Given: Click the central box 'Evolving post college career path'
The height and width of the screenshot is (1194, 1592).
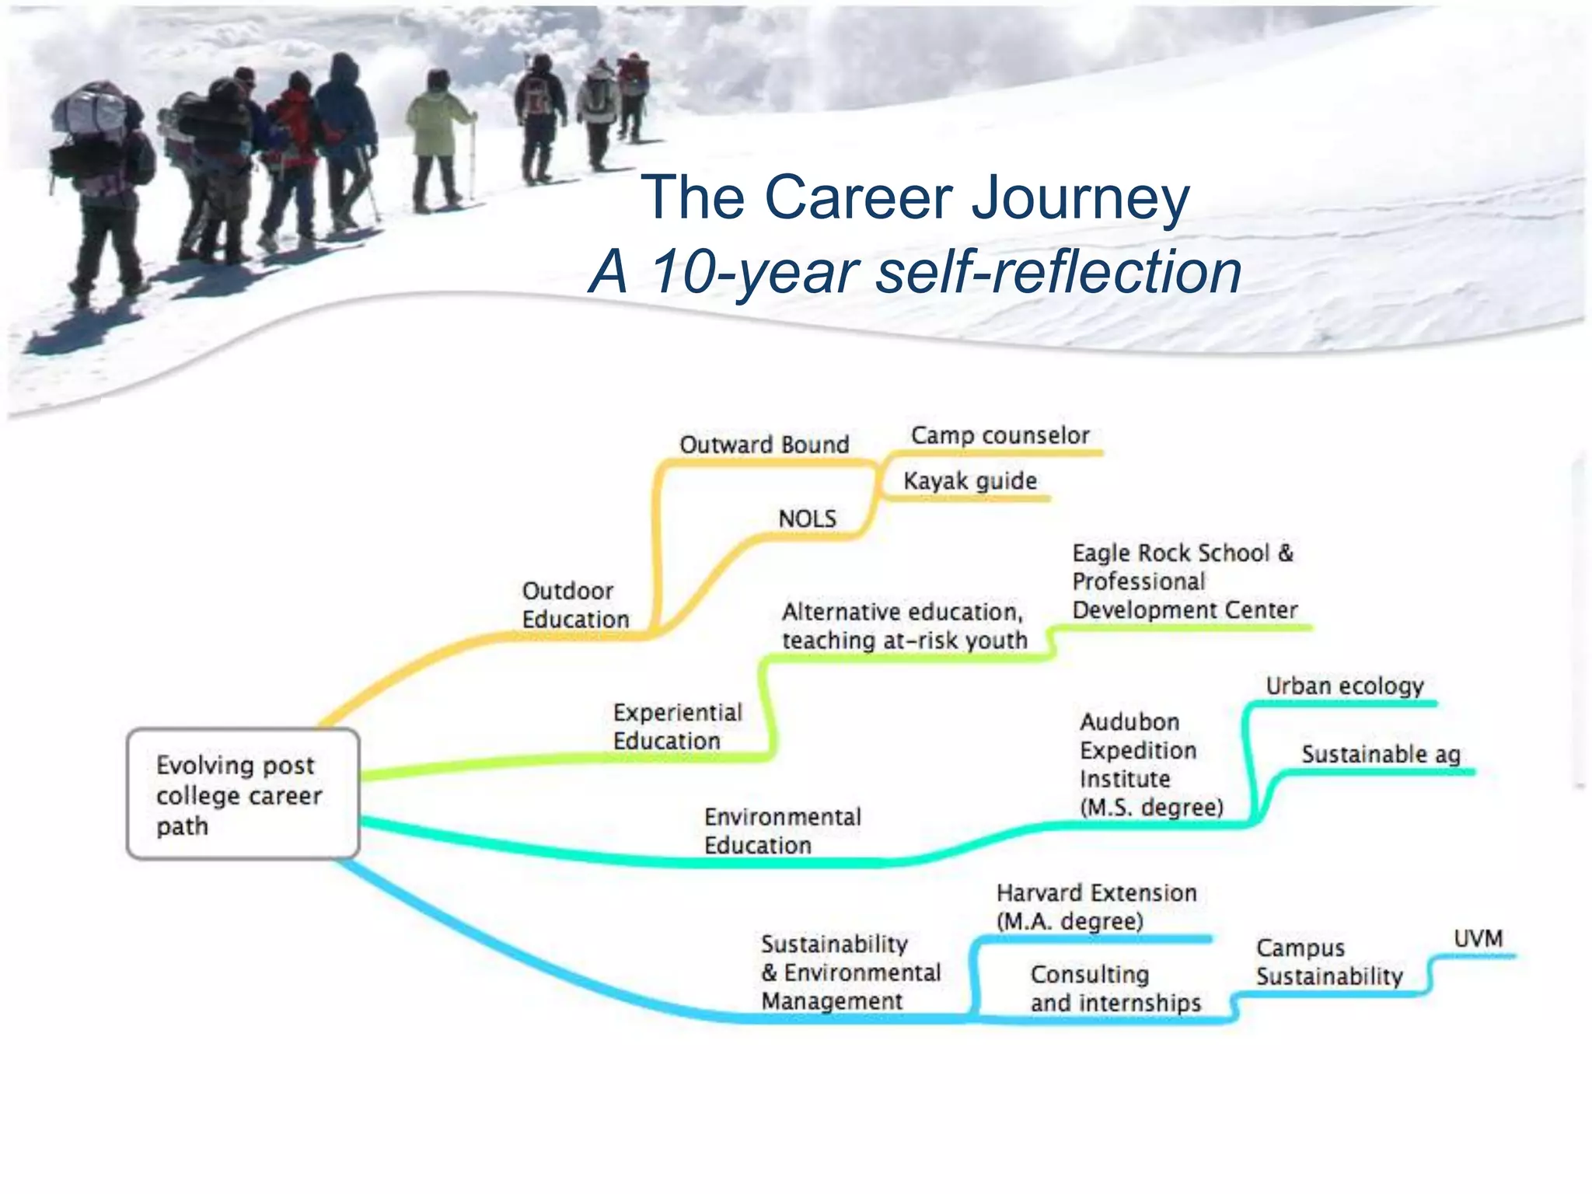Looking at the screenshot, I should [x=243, y=794].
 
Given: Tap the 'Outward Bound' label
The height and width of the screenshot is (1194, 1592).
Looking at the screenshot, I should [x=764, y=445].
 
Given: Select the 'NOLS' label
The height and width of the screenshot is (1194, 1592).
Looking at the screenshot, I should [x=807, y=518].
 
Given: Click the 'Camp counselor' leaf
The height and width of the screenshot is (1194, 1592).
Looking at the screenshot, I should [x=1000, y=435].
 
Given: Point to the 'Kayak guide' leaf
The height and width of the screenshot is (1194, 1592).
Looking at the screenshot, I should [x=969, y=481].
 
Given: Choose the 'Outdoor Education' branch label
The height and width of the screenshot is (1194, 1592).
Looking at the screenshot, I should [x=575, y=605].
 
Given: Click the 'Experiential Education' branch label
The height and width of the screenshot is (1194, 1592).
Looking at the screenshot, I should [x=677, y=726].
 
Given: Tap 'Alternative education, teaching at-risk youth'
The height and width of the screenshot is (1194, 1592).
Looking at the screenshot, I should [x=904, y=626].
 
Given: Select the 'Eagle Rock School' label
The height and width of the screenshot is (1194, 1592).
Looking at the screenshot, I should [x=1183, y=581].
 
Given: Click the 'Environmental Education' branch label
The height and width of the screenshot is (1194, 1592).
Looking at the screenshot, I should [x=782, y=831].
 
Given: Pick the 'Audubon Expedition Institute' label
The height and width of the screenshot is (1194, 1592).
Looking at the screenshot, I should [x=1150, y=764].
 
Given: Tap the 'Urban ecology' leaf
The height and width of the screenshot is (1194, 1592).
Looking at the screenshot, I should [x=1344, y=686].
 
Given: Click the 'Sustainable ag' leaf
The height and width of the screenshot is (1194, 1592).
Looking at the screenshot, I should [x=1381, y=754].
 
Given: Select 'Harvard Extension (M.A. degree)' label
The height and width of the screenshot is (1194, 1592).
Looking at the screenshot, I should [x=1096, y=906].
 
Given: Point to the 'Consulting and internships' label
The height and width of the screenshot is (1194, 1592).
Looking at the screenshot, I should [x=1115, y=988].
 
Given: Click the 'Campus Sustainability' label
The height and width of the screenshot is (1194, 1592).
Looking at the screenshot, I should [x=1329, y=962].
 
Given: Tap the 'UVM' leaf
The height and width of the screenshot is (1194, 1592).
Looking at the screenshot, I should [x=1478, y=938].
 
